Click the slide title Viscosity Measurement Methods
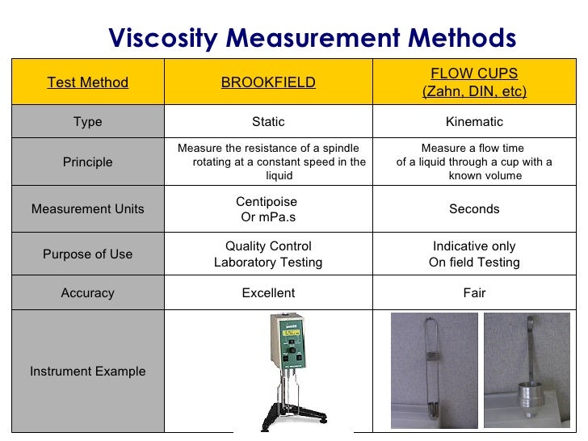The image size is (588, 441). (x=312, y=37)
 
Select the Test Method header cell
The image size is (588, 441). (x=87, y=82)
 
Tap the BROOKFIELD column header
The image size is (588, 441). (x=268, y=82)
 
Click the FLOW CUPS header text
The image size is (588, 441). (x=474, y=73)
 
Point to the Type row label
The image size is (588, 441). (x=87, y=122)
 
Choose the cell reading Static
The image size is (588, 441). (x=268, y=122)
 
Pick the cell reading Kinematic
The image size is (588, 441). (x=474, y=122)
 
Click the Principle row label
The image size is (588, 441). (x=87, y=162)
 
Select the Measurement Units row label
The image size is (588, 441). (x=87, y=209)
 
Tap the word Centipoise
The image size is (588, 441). (x=267, y=202)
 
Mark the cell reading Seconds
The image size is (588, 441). (x=474, y=209)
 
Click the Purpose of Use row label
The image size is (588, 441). (x=87, y=254)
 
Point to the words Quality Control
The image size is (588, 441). (x=268, y=246)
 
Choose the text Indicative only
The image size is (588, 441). (x=474, y=246)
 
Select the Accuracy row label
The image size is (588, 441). (x=87, y=293)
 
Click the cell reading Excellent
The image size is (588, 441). (x=268, y=293)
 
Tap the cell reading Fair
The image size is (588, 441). (x=474, y=293)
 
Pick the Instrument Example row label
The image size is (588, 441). (x=87, y=372)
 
